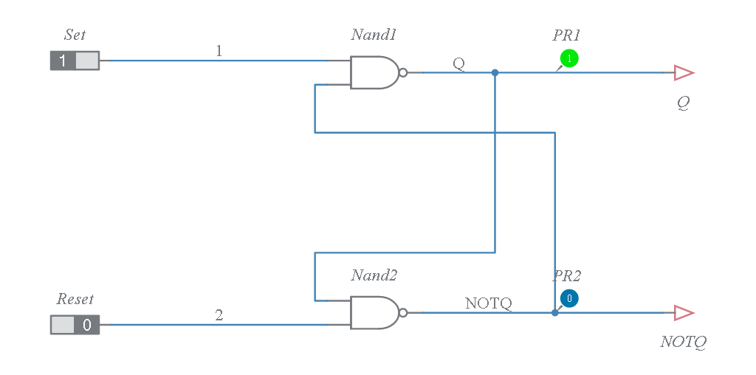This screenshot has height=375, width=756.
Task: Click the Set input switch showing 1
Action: [x=75, y=61]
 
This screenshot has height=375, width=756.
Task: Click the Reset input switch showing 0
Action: [x=75, y=324]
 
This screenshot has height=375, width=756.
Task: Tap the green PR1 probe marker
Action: [x=569, y=58]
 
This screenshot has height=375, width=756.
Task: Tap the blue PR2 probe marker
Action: [x=568, y=298]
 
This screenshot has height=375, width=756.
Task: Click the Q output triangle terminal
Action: [x=684, y=72]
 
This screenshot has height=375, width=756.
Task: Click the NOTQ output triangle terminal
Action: [x=684, y=313]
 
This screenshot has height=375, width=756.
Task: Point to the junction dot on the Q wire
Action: [x=495, y=72]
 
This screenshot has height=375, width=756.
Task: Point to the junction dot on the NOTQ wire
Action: [x=554, y=313]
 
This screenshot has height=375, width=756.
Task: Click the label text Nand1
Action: [x=374, y=35]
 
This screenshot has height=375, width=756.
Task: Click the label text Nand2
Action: [x=374, y=275]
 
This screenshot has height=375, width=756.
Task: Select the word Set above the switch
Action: [x=75, y=35]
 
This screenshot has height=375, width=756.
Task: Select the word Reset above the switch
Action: [x=75, y=299]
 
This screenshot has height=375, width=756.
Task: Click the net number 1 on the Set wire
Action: [x=219, y=51]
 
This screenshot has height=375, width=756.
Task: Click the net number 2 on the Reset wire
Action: [x=219, y=315]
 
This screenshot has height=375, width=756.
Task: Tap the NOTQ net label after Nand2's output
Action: [x=488, y=303]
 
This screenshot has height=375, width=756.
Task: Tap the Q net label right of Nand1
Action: [x=458, y=63]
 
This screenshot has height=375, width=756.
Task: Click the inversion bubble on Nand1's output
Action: [x=403, y=72]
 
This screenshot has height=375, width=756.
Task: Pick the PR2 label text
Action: [x=566, y=276]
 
